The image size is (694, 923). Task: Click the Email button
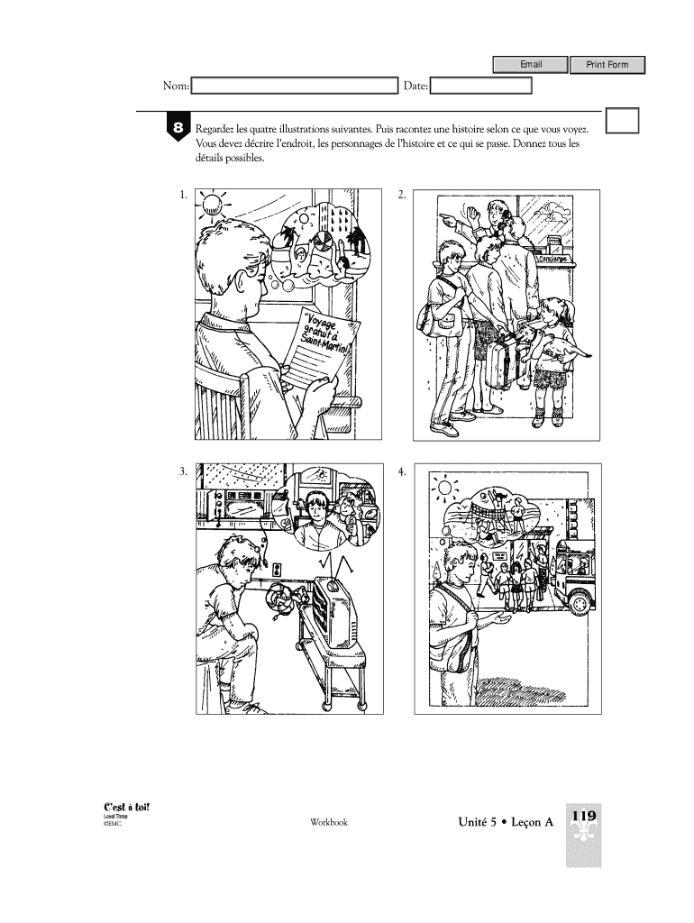tap(530, 64)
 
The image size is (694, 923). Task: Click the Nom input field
tap(295, 86)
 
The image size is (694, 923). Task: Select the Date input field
tap(481, 86)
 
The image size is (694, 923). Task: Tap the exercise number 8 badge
tap(178, 127)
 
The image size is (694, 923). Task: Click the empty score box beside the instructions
tap(622, 121)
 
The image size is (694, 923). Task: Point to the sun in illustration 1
tap(211, 204)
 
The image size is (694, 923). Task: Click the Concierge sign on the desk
tap(552, 259)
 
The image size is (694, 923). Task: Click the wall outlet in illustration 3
tap(277, 570)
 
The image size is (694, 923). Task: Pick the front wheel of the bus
tap(580, 602)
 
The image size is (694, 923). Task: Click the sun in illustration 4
tap(445, 488)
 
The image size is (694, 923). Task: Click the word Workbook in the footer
tap(329, 822)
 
